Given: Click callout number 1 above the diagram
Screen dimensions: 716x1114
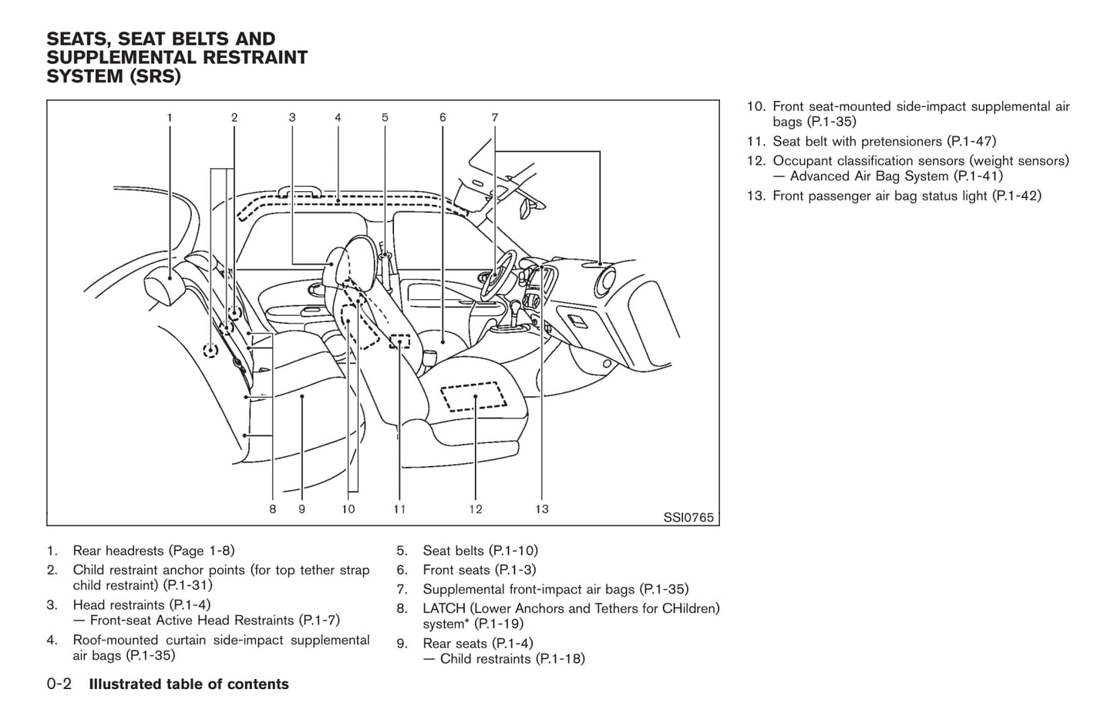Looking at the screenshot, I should click(170, 118).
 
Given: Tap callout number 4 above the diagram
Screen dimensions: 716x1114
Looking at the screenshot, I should click(338, 118).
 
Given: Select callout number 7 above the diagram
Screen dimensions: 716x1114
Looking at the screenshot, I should click(495, 118).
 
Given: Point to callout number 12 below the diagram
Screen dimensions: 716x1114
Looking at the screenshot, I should click(475, 509).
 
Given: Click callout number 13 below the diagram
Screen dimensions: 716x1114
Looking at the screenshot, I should click(542, 509).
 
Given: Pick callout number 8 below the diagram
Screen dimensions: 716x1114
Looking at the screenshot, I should click(273, 509).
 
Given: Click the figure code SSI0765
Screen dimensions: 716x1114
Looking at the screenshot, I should click(688, 518).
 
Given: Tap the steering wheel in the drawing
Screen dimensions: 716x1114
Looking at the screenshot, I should click(498, 274).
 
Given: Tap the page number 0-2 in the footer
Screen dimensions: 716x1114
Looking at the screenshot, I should click(59, 684).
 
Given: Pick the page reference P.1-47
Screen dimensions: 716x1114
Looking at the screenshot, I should click(971, 141).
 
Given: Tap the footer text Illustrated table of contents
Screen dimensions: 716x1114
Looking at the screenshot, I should click(189, 684).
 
